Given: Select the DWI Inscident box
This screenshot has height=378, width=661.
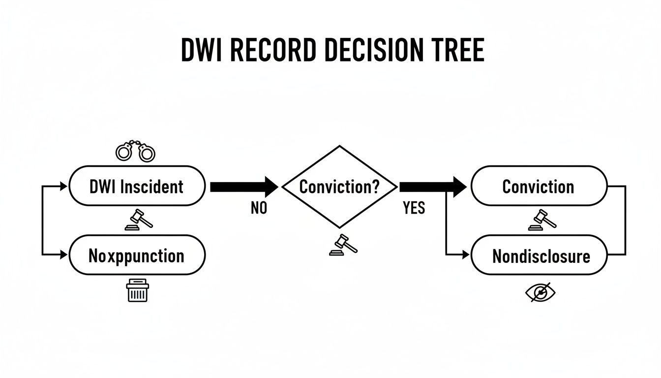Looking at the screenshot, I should (137, 187).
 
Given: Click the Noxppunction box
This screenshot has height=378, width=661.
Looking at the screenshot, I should (137, 255).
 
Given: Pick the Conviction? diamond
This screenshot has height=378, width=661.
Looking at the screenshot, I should (340, 187).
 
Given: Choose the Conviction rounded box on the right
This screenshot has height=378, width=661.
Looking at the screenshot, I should (539, 187).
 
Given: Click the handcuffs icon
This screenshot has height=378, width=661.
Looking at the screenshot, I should (135, 152).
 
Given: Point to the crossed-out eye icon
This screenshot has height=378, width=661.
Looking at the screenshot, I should (540, 293).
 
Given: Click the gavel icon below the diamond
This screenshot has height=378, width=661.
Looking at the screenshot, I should (343, 245).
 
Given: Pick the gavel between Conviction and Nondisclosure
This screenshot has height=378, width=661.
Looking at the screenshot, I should (541, 220).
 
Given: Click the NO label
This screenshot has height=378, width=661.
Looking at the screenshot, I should (259, 209).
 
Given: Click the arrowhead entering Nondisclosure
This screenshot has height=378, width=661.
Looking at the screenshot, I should (466, 254).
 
